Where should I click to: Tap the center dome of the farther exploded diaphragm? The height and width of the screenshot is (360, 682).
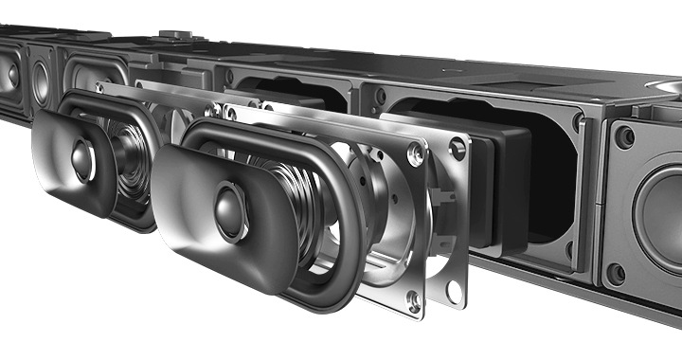pyautogui.click(x=82, y=160)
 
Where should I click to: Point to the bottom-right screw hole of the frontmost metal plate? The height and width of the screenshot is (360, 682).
pyautogui.click(x=413, y=300)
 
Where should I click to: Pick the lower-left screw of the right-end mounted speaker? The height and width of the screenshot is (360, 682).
pyautogui.click(x=617, y=274)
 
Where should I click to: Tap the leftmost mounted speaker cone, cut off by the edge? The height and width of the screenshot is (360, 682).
pyautogui.click(x=9, y=76)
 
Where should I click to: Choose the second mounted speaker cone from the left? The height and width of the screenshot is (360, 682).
pyautogui.click(x=41, y=82)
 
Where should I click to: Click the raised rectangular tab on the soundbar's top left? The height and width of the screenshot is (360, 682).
pyautogui.click(x=175, y=36)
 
